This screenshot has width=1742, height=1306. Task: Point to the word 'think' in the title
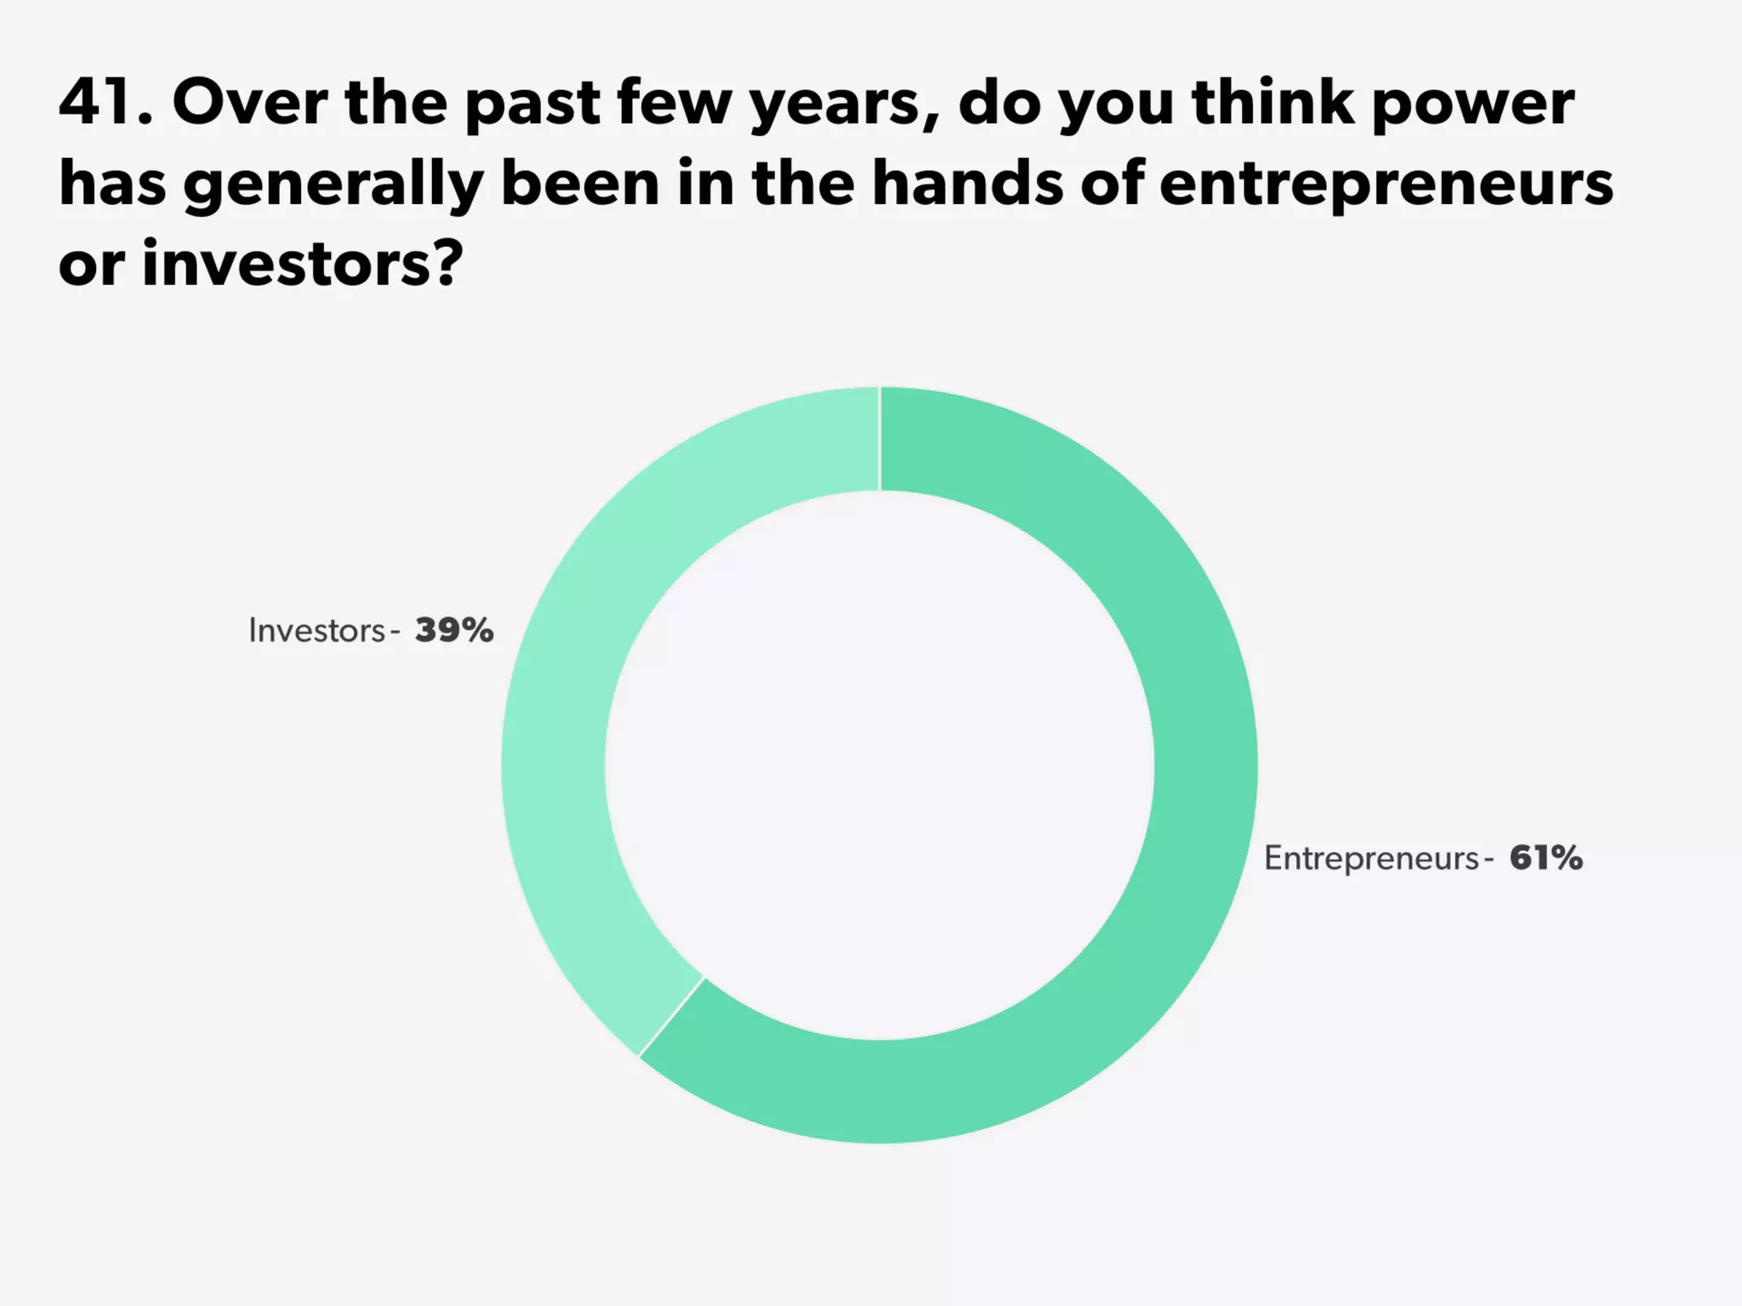point(1272,102)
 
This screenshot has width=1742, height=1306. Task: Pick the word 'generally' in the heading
point(333,186)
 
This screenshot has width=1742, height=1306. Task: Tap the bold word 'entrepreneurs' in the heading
point(1386,186)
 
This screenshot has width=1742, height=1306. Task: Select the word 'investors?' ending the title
point(302,264)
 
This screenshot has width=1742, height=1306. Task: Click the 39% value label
point(454,630)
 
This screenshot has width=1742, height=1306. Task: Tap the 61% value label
point(1546,858)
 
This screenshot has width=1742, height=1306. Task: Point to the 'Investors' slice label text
point(316,631)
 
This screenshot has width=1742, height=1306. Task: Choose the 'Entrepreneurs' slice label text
point(1371,859)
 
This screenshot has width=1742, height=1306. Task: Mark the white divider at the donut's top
point(880,439)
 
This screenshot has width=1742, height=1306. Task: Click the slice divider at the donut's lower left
point(671,1017)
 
